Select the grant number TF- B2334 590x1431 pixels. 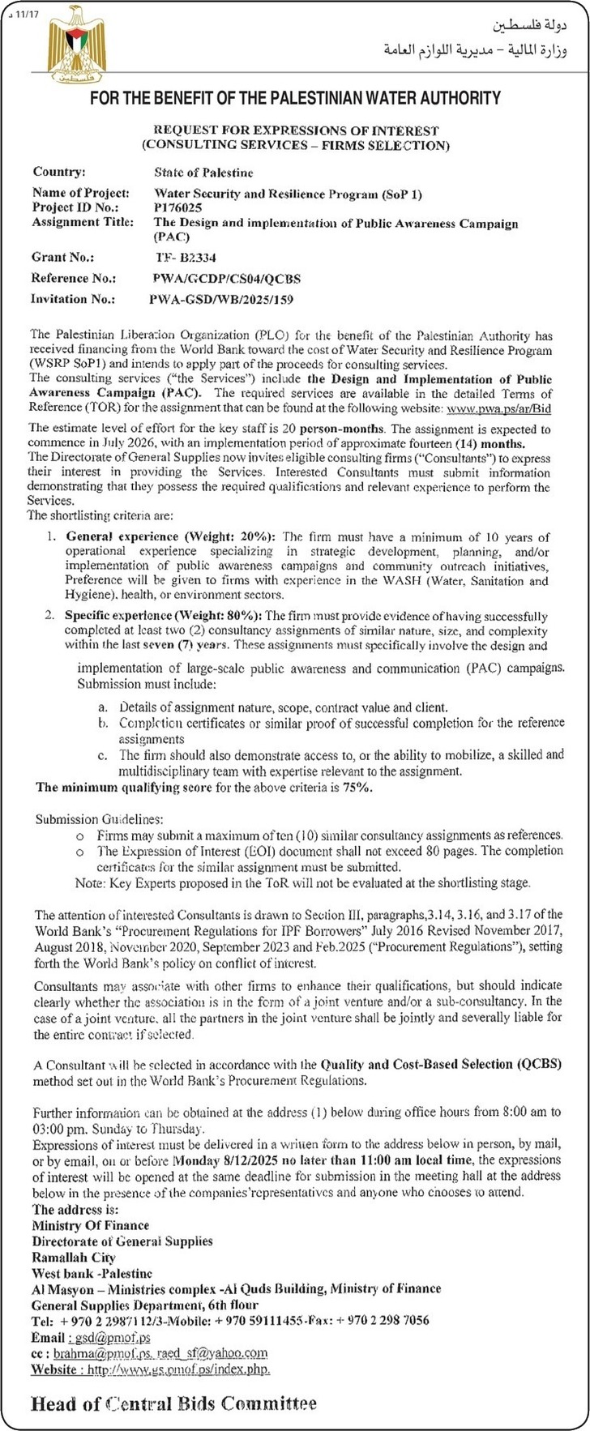click(186, 258)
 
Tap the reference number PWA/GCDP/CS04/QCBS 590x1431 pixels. click(226, 279)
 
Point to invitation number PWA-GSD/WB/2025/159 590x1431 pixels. click(221, 299)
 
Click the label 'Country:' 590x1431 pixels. click(58, 172)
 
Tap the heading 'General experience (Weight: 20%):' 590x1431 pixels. click(170, 536)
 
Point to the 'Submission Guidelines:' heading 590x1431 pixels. click(99, 819)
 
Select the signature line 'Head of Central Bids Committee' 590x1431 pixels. click(173, 1403)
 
